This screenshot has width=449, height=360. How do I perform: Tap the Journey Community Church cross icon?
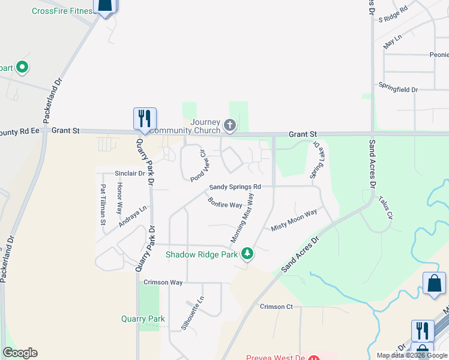(229, 125)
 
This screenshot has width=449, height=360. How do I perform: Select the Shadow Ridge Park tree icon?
(247, 254)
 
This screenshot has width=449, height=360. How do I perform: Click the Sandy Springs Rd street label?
(235, 187)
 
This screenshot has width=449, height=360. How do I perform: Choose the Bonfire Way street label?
(225, 205)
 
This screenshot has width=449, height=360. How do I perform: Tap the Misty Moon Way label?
(294, 221)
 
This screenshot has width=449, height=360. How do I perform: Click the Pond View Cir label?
(198, 166)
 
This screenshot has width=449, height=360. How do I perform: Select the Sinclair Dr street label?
(130, 173)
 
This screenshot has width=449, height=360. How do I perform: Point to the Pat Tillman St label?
(103, 205)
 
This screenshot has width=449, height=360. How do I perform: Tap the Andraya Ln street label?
(133, 217)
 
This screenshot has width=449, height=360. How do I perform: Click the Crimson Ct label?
(276, 307)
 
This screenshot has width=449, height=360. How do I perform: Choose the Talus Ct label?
(385, 206)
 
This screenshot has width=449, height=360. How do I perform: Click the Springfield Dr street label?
(397, 89)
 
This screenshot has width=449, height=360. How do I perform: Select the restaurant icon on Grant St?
(144, 118)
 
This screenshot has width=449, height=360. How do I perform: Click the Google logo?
(20, 353)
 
